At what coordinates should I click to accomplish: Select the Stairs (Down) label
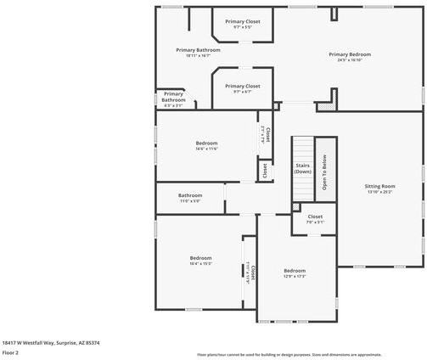click(303, 168)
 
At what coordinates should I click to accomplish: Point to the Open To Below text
click(323, 172)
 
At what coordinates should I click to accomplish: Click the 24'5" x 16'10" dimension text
click(349, 60)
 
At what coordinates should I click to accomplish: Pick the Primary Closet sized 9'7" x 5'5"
click(242, 21)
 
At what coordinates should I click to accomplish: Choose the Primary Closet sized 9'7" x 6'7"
click(242, 86)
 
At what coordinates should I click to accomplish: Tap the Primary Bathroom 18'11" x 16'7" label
click(198, 50)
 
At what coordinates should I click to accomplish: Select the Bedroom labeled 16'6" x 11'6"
click(207, 143)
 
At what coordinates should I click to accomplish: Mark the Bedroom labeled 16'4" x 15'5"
click(200, 258)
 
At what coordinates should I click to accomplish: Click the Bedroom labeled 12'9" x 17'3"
click(294, 271)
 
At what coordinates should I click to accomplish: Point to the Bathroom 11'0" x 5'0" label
click(190, 196)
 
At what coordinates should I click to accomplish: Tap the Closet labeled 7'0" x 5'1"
click(315, 217)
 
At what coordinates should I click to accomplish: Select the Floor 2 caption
click(10, 352)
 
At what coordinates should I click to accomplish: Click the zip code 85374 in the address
click(93, 342)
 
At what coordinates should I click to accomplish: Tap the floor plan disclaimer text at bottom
click(289, 354)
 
